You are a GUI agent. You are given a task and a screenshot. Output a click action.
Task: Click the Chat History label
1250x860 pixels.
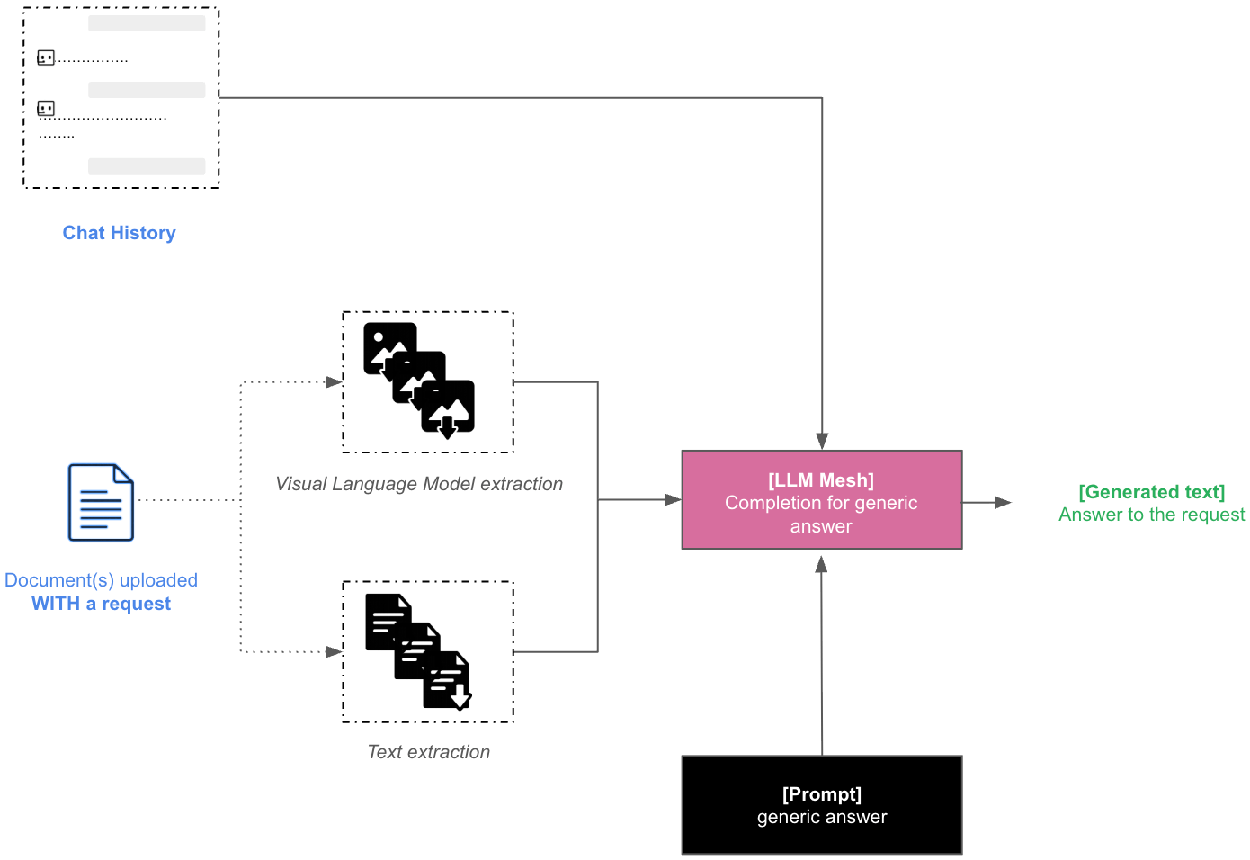coord(119,233)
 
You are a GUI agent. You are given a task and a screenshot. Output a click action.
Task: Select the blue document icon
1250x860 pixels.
coord(101,502)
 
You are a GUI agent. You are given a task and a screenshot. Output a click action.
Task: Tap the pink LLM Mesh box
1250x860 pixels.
coord(821,500)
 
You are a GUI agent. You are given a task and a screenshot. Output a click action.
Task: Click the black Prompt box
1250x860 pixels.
coord(821,805)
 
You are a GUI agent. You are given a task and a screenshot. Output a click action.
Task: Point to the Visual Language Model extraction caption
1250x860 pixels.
coord(419,484)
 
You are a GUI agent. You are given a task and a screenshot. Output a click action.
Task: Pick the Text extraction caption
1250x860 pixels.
coord(429,752)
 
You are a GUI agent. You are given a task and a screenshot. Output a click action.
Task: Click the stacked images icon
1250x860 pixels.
coord(419,380)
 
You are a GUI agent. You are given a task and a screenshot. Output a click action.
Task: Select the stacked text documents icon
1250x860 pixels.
coord(418,651)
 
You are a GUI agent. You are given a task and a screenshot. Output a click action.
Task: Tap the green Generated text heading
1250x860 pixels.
coord(1151,492)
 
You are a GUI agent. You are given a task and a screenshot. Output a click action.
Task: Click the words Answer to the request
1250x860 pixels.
coord(1151,515)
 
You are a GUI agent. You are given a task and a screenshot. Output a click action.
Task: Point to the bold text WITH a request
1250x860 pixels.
coord(101,604)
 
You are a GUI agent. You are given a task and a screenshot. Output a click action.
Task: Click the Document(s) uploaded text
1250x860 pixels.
coord(101,580)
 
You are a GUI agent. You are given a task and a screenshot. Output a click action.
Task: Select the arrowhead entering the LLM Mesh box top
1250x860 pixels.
coord(822,441)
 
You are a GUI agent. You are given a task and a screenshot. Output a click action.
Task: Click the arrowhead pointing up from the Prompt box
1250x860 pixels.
coord(821,565)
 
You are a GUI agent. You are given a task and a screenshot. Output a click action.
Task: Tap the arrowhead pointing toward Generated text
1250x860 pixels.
coord(1003,503)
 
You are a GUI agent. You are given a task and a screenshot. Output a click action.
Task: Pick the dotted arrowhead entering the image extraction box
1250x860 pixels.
coord(334,382)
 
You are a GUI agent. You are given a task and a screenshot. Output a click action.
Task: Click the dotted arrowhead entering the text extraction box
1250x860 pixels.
coord(334,652)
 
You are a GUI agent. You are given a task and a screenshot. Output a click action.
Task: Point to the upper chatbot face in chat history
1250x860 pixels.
coord(46,58)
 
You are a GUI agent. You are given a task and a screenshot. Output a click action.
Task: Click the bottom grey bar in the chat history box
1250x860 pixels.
coord(147,166)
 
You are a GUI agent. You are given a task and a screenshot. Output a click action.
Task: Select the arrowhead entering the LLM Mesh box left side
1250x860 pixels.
coord(673,499)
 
